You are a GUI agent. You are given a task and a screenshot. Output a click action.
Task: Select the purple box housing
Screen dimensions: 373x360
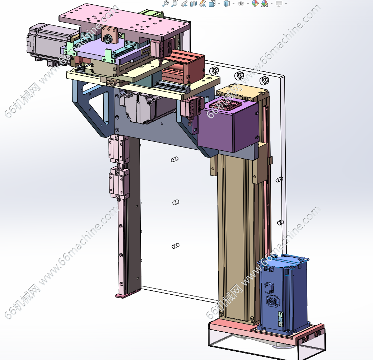coord(228,126)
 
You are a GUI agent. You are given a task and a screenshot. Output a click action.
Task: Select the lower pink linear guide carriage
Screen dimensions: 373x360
coord(119,183)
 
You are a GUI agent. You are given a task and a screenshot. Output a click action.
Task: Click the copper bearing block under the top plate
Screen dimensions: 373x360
coord(109,35)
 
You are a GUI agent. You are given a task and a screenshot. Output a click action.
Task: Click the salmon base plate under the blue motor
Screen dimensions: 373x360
coord(266,332)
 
